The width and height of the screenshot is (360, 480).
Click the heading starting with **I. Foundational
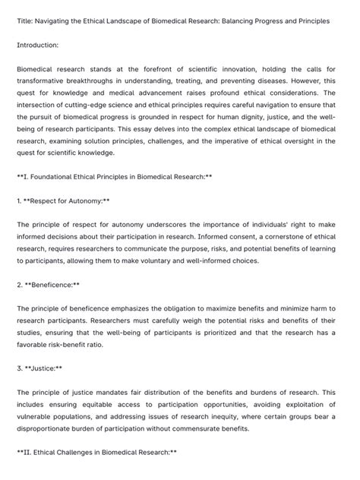114,176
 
